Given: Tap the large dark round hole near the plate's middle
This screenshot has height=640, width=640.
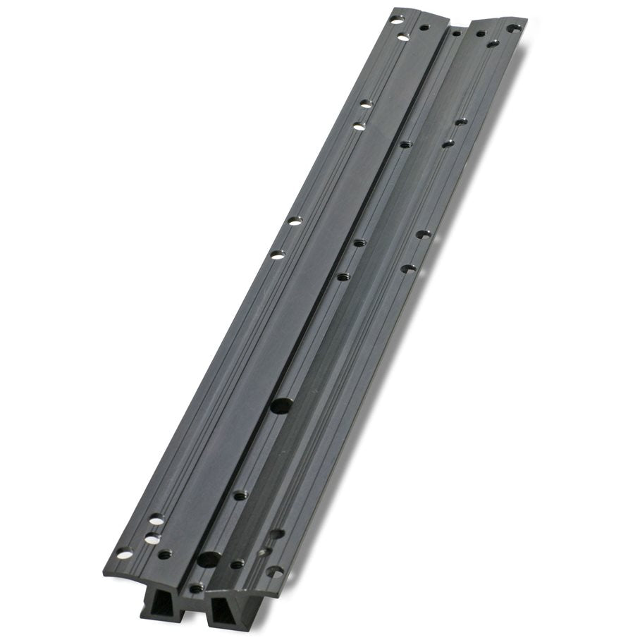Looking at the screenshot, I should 282,406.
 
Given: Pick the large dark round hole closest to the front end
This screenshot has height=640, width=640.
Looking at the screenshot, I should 208,560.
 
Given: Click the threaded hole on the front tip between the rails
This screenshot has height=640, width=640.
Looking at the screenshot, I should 196,587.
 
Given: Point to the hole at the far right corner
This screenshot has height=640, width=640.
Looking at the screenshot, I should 513,29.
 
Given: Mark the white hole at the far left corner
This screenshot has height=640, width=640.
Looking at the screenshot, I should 397,20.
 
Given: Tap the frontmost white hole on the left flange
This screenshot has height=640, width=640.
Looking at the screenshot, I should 124,554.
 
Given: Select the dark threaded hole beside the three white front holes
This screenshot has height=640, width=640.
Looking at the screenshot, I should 165,554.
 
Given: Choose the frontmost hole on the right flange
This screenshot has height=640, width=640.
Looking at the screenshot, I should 276,572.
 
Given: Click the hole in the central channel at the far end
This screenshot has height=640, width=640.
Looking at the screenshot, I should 456,33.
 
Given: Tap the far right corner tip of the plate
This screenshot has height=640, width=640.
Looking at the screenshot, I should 526,21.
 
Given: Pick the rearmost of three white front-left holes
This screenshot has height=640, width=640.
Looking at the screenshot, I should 156,520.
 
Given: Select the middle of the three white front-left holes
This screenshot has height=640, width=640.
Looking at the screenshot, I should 152,538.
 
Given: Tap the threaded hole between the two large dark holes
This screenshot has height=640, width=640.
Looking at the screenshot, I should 240,495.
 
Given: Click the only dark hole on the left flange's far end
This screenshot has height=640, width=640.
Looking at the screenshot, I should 424,27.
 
